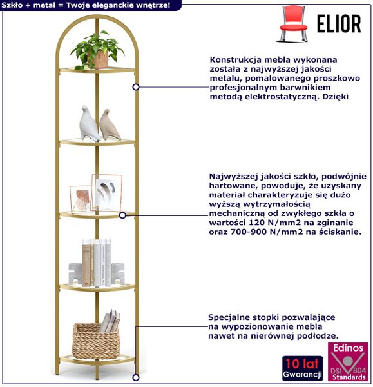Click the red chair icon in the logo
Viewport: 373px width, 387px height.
[x=292, y=24]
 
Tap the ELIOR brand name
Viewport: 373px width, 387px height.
[x=339, y=24]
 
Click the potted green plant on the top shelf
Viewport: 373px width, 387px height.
[x=97, y=50]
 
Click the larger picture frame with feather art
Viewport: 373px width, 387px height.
[x=106, y=192]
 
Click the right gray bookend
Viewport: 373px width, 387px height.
[x=117, y=273]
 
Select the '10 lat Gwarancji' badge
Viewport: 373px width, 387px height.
[x=303, y=368]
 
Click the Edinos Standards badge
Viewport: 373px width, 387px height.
[x=348, y=362]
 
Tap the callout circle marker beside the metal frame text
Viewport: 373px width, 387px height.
[x=136, y=87]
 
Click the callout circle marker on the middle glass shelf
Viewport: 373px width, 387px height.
[x=122, y=215]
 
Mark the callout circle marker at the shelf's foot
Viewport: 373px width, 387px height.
[x=135, y=377]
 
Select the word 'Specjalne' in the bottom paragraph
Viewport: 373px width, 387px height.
[x=230, y=317]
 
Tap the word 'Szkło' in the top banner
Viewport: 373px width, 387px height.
[x=12, y=5]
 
